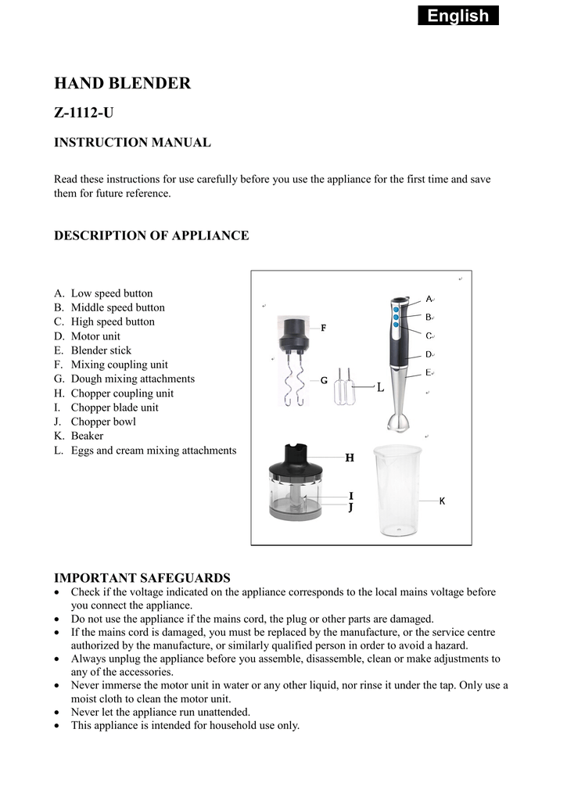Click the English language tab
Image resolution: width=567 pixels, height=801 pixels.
(458, 16)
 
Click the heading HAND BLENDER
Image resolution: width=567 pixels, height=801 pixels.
(122, 83)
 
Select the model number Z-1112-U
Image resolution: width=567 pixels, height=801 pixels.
(84, 113)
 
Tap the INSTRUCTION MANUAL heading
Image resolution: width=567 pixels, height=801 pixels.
(132, 142)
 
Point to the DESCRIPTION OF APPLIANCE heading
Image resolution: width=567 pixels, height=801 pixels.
(151, 235)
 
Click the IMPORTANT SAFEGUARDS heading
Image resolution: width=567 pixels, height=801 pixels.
(142, 578)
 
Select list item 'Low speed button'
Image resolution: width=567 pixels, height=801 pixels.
(112, 293)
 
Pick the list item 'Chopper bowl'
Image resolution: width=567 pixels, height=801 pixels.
(103, 422)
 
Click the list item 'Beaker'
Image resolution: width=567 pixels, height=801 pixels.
(87, 436)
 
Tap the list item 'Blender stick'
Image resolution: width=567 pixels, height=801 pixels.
(101, 350)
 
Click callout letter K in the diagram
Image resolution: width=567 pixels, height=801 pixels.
(442, 501)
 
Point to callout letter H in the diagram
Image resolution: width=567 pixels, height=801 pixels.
(350, 458)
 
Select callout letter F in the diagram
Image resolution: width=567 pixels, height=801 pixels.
(323, 329)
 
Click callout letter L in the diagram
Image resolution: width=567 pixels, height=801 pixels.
(381, 387)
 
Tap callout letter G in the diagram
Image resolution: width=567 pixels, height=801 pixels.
(323, 380)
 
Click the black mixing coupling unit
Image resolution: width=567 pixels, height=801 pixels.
(294, 332)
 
